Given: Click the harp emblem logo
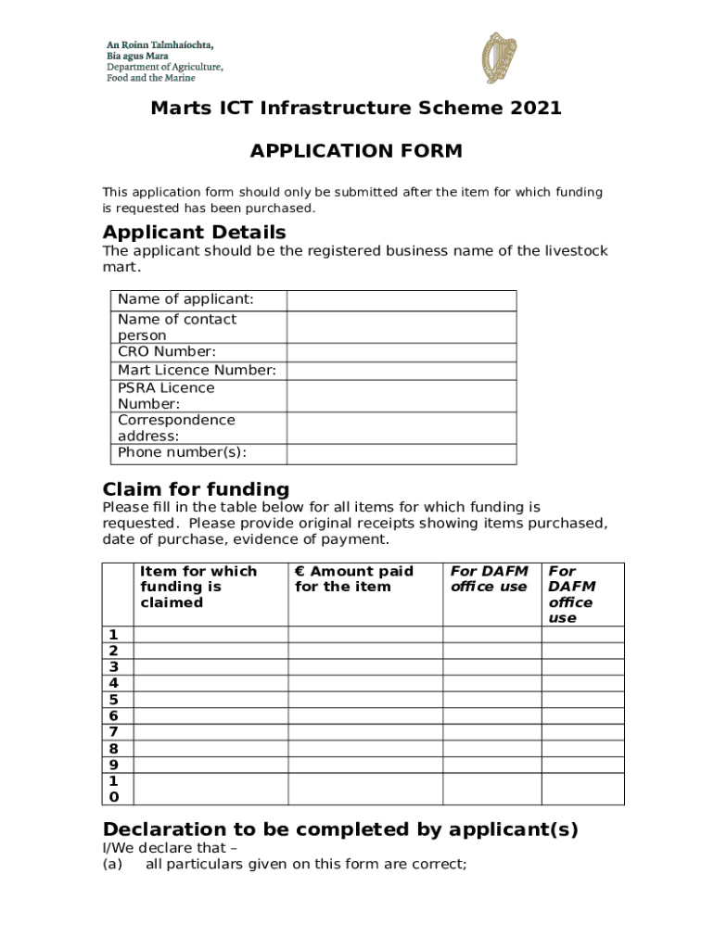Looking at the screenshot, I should coord(499,57).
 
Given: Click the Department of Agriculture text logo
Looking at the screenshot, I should coord(163,61).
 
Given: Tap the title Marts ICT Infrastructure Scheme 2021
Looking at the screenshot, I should coord(356,108).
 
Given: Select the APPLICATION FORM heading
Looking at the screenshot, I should coord(356,151).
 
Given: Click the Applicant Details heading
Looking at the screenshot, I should coord(194,232).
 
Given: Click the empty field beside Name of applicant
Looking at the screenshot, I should coord(401,300).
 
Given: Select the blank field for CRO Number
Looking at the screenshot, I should coord(401,352).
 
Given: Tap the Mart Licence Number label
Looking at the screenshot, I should coord(197,371).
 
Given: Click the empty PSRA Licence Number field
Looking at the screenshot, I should coord(401,396).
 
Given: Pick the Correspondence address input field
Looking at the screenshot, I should coord(401,428).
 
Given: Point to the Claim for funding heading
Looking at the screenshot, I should coord(196,489).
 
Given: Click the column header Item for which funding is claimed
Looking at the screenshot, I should coord(198,587).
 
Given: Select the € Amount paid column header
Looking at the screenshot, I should coord(353,579).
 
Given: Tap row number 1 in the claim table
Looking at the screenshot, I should coord(113,635).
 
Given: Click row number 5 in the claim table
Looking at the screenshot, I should coord(113,700).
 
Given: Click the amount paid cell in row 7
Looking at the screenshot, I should coord(364,732).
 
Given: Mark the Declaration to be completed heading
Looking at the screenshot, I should coord(340,829).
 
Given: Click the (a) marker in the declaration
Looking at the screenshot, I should coord(113,865).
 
